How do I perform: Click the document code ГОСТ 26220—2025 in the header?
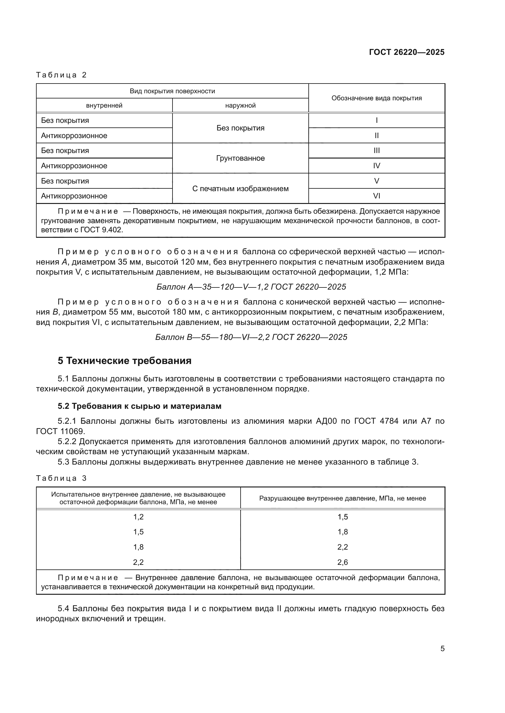(x=406, y=52)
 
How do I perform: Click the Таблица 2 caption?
(x=61, y=75)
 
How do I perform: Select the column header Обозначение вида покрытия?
(x=376, y=98)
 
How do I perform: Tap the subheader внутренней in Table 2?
(x=104, y=105)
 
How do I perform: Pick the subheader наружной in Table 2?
(x=240, y=105)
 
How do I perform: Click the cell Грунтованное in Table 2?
(x=240, y=158)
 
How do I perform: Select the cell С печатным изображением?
(x=240, y=188)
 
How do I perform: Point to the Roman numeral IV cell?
(x=376, y=166)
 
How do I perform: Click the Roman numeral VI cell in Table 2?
(x=376, y=196)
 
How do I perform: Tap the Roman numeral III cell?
(x=376, y=151)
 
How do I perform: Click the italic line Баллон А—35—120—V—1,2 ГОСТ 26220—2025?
(x=251, y=287)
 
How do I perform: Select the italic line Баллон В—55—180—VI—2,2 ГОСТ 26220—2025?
(x=251, y=337)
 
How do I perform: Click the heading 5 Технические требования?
(x=124, y=361)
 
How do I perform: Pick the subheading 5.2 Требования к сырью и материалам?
(x=139, y=406)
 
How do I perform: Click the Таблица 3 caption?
(x=61, y=478)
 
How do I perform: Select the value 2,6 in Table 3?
(x=342, y=562)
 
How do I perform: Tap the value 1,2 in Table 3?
(x=138, y=517)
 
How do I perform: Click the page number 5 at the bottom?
(x=442, y=649)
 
